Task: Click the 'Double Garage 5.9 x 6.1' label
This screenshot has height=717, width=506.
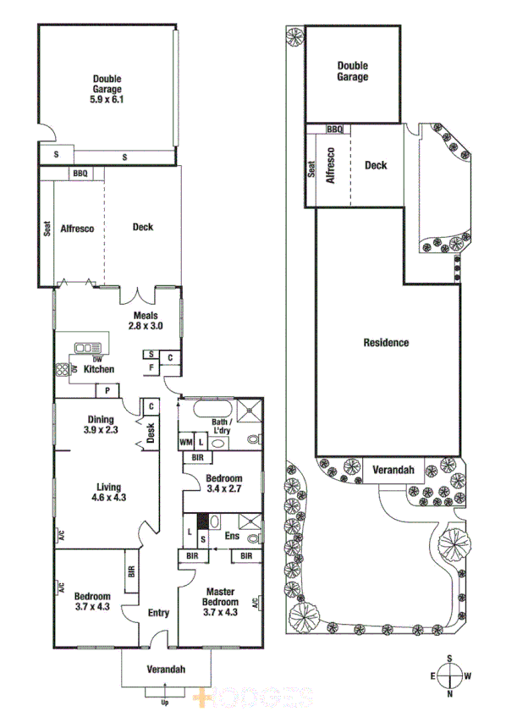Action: click(x=107, y=88)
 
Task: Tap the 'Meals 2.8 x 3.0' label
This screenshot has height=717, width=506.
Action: click(x=146, y=320)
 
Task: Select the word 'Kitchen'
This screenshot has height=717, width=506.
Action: click(x=98, y=369)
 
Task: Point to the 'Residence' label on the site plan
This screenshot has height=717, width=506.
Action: click(x=386, y=343)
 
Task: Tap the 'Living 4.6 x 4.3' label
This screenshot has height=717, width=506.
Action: click(x=108, y=492)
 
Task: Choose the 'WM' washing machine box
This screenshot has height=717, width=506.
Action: click(x=186, y=442)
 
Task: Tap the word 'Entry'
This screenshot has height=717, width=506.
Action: click(x=158, y=614)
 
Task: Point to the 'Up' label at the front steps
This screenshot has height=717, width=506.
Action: click(x=165, y=703)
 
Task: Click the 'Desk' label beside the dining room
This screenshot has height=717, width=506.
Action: click(x=151, y=433)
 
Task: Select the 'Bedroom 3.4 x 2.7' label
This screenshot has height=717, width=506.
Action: click(x=224, y=483)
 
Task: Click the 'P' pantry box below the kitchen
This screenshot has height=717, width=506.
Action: click(x=107, y=389)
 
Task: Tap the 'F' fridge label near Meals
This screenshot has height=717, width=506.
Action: click(x=151, y=367)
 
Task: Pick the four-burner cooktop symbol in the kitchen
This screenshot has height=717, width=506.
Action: click(x=63, y=369)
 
